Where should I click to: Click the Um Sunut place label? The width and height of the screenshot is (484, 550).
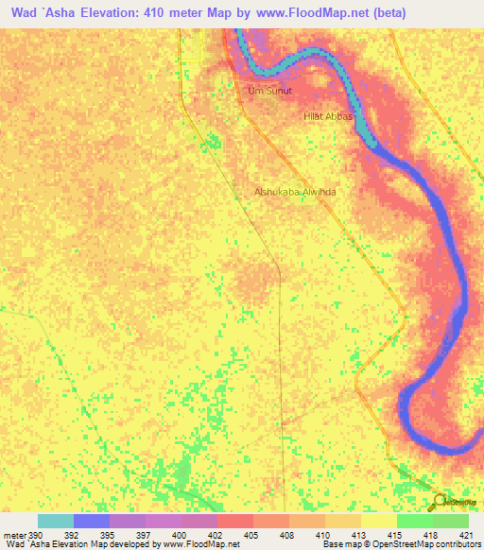tap(269, 91)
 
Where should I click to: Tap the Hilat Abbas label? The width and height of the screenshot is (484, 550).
tap(327, 115)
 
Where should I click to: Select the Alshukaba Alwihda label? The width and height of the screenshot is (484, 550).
tap(295, 191)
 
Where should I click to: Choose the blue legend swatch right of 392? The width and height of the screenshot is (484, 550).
tap(92, 521)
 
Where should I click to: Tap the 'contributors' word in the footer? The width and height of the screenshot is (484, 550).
tap(458, 544)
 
